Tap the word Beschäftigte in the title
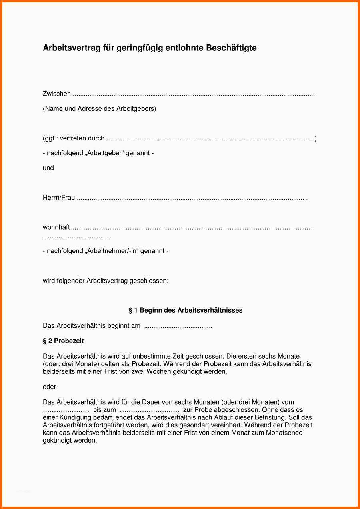tap(231, 48)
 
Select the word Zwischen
tap(57, 94)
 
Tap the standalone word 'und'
tap(48, 168)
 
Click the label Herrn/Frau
tap(59, 198)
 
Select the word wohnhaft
tap(56, 228)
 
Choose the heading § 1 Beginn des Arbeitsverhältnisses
tap(185, 310)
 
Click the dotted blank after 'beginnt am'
tap(178, 326)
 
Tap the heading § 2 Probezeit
tap(63, 341)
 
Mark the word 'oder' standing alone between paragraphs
tap(50, 387)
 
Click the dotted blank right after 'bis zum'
tap(150, 410)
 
